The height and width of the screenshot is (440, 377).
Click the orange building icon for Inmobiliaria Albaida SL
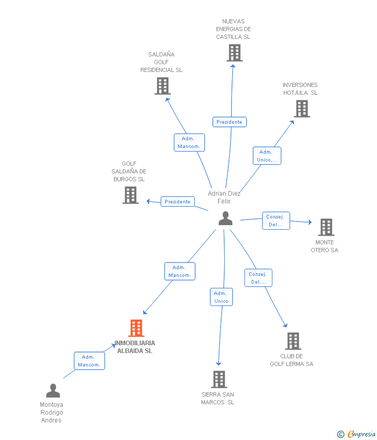(x=136, y=328)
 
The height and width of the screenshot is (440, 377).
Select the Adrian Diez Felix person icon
(x=225, y=218)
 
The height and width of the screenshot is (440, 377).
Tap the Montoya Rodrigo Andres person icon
(x=53, y=391)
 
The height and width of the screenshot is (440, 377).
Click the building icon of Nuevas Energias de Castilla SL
(x=234, y=53)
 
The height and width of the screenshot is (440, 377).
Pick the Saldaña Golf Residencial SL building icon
(x=162, y=86)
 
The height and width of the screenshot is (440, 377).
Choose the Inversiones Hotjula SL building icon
(x=301, y=109)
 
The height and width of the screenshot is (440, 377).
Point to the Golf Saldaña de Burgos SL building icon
(x=130, y=195)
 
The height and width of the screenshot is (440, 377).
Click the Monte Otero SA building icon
(x=326, y=227)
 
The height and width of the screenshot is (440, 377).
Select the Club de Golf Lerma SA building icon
(x=293, y=341)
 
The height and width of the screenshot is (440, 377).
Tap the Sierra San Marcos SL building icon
(x=219, y=379)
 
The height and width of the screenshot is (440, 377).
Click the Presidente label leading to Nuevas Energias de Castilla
(x=229, y=122)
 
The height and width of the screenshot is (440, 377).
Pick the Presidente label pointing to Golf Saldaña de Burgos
(x=178, y=201)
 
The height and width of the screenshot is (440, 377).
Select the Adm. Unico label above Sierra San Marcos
(x=221, y=297)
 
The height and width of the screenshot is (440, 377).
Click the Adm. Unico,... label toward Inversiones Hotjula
(x=267, y=156)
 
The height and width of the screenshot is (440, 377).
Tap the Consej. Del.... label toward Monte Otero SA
(x=275, y=221)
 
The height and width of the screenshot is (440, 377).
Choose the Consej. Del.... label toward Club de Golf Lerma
(x=258, y=278)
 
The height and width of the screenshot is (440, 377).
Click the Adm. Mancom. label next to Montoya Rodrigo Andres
(x=89, y=361)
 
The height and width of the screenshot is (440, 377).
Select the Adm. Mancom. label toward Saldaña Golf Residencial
(x=189, y=142)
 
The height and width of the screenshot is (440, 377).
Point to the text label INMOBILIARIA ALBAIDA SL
(x=135, y=347)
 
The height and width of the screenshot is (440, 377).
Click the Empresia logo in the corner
(x=357, y=434)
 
